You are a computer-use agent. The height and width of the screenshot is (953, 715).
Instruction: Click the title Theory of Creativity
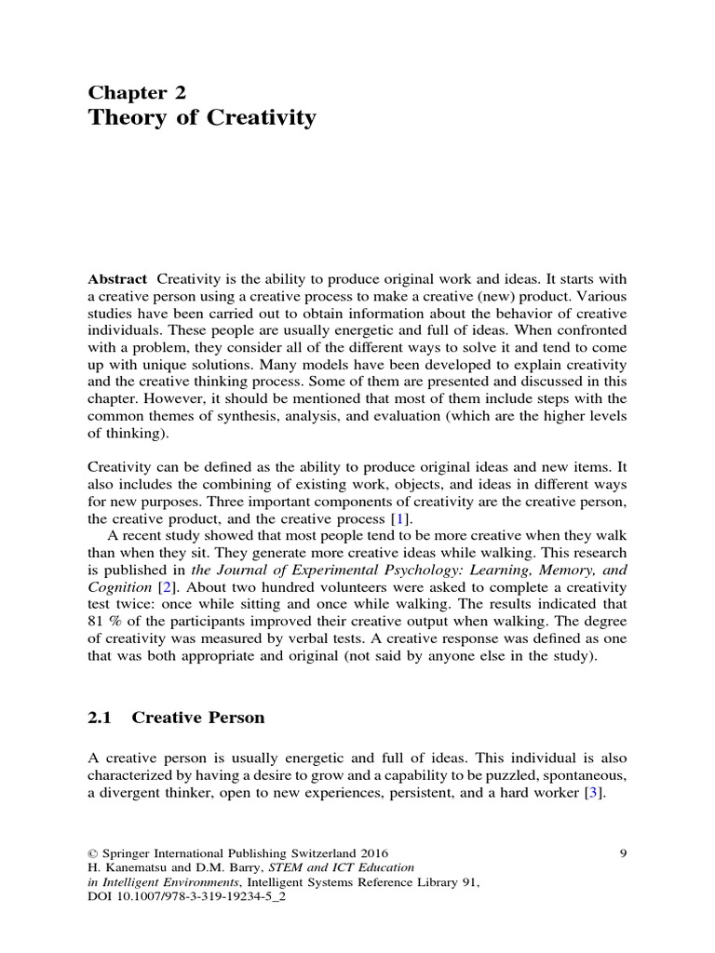coord(202,118)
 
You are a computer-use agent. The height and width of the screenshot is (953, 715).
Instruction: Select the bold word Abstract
coord(117,279)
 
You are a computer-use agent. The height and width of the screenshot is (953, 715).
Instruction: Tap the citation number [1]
coord(398,517)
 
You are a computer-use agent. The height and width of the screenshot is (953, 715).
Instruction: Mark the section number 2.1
coord(100,718)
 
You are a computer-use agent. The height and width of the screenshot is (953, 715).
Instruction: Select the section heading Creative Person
coord(198,718)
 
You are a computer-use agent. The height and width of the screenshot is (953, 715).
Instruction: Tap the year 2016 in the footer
coord(373,852)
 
